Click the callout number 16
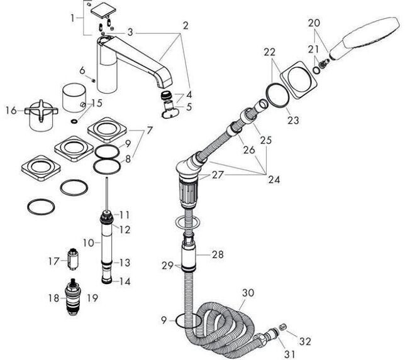11,111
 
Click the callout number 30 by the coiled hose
248,293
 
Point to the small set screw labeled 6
94,80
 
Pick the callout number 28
218,254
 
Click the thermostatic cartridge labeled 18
73,297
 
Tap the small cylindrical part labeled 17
73,259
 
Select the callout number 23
293,120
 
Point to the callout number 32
305,341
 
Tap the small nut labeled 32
283,327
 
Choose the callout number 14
125,281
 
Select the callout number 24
274,179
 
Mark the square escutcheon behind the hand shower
299,80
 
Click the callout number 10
88,243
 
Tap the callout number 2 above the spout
186,26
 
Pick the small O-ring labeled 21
316,69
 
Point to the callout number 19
92,298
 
